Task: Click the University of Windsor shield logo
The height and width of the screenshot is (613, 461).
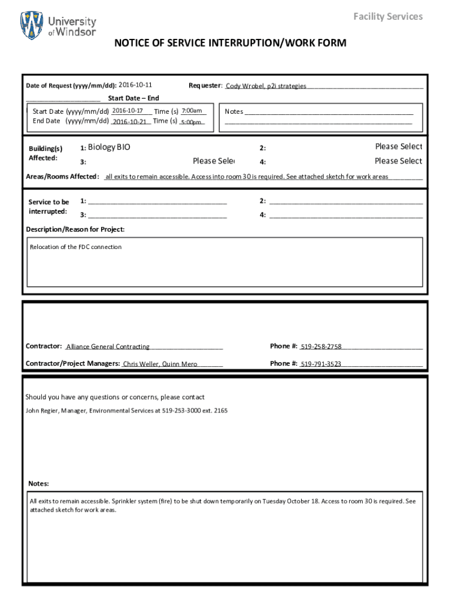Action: point(32,25)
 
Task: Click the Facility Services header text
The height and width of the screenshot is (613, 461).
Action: point(387,16)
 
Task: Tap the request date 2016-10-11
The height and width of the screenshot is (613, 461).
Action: point(135,85)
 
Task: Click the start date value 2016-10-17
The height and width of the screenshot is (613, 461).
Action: point(127,111)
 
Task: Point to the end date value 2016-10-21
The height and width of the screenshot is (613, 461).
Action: point(129,122)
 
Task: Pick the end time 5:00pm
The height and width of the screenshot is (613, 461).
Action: point(191,122)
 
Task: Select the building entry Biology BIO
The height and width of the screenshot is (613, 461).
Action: point(109,147)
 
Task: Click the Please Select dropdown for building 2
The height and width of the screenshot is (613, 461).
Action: point(398,147)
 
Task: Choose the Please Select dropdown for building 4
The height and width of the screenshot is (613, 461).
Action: point(398,161)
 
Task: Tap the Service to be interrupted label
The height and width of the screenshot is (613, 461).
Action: point(48,207)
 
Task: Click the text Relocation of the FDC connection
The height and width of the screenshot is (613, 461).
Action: point(76,247)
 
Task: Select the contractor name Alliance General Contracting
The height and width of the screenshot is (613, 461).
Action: point(108,347)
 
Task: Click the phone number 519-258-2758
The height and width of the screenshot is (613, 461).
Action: point(321,347)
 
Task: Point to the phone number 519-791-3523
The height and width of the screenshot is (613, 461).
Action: point(321,364)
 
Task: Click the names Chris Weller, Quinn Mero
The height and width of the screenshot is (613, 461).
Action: point(160,364)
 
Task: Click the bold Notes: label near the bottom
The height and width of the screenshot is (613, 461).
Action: point(39,484)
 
